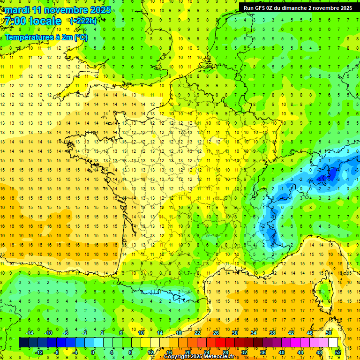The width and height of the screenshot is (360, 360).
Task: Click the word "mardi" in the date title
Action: [x=15, y=10]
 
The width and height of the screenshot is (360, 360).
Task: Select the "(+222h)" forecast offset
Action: [x=83, y=21]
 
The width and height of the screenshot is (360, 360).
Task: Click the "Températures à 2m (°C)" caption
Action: [x=45, y=37]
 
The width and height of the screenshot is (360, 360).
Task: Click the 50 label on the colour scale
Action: [x=329, y=333]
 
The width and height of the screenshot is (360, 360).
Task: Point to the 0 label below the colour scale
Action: [x=92, y=352]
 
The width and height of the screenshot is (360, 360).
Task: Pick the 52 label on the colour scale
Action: [x=338, y=352]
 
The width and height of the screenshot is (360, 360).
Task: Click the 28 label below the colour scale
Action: [x=225, y=352]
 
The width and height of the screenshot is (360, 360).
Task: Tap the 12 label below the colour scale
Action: [x=150, y=352]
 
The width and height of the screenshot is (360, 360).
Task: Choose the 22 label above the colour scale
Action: [x=197, y=333]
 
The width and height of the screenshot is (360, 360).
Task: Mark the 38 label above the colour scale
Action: [x=272, y=333]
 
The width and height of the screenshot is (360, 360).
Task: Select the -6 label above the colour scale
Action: [x=66, y=333]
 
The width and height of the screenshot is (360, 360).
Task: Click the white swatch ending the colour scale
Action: [x=333, y=343]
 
